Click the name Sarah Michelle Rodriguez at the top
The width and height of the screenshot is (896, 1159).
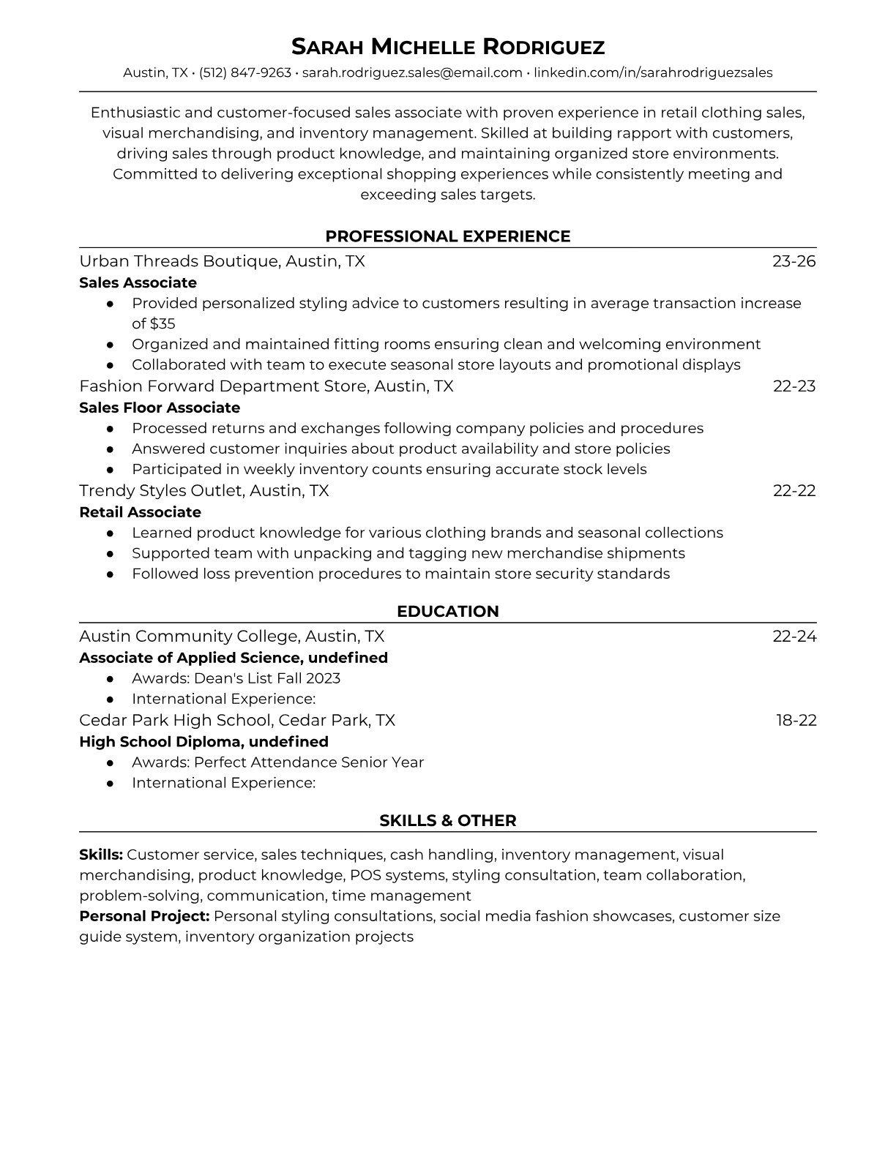pyautogui.click(x=448, y=47)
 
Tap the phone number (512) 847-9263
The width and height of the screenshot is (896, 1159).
pyautogui.click(x=245, y=72)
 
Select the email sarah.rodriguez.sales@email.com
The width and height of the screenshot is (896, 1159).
pyautogui.click(x=412, y=72)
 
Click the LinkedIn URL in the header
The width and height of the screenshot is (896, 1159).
pyautogui.click(x=653, y=72)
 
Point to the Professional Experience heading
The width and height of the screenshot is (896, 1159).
pyautogui.click(x=448, y=236)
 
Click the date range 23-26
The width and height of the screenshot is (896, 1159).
pyautogui.click(x=794, y=261)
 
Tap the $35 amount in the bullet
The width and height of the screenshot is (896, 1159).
pyautogui.click(x=163, y=323)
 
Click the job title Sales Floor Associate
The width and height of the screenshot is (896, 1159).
pyautogui.click(x=160, y=408)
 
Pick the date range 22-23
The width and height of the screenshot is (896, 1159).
pyautogui.click(x=794, y=386)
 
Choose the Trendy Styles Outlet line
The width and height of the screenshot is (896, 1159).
pyautogui.click(x=204, y=490)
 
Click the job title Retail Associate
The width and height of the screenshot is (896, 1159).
pyautogui.click(x=140, y=512)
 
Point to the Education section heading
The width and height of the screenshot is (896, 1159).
pyautogui.click(x=448, y=612)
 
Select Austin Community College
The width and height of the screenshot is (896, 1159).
pyautogui.click(x=189, y=636)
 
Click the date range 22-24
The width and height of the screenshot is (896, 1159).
pyautogui.click(x=794, y=636)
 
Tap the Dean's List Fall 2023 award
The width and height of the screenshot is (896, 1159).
pyautogui.click(x=267, y=678)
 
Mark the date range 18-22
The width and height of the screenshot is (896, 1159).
pyautogui.click(x=796, y=720)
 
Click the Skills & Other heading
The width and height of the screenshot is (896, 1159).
pyautogui.click(x=448, y=821)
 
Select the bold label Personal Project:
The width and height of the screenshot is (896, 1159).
pyautogui.click(x=144, y=916)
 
